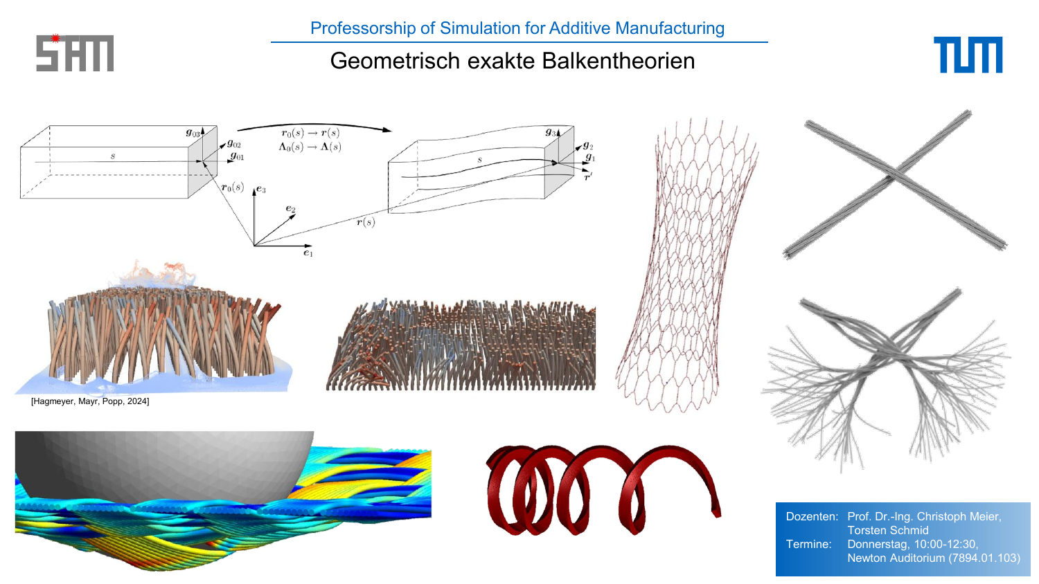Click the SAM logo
coord(75,53)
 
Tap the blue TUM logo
coord(968,55)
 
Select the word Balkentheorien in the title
coord(619,61)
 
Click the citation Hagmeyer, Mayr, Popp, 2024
coord(90,401)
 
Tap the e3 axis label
coord(261,190)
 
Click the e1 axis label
coord(308,253)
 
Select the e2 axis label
coord(290,209)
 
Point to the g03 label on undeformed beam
coord(193,133)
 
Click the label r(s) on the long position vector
coord(366,222)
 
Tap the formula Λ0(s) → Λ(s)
coord(310,147)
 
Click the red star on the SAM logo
coord(55,39)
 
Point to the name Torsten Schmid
coord(888,530)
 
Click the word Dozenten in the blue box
coord(812,516)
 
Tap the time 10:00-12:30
coord(945,544)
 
